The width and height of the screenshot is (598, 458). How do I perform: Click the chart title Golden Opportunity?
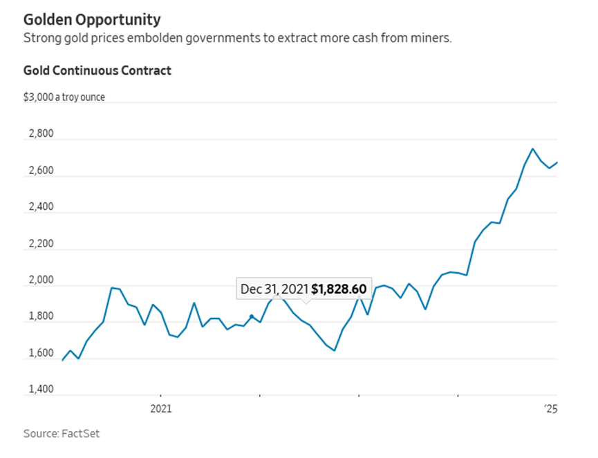pos(92,19)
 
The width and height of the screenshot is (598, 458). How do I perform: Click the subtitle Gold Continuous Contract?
pos(97,70)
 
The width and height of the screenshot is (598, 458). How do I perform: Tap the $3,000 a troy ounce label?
pos(64,97)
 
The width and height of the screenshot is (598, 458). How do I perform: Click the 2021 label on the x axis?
pos(160,408)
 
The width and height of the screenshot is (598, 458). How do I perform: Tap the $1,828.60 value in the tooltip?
pos(339,289)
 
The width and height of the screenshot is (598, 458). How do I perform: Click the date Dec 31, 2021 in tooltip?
pos(274,289)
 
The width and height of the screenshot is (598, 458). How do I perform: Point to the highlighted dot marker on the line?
pos(252,316)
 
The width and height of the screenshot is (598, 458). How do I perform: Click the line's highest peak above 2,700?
pos(532,149)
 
